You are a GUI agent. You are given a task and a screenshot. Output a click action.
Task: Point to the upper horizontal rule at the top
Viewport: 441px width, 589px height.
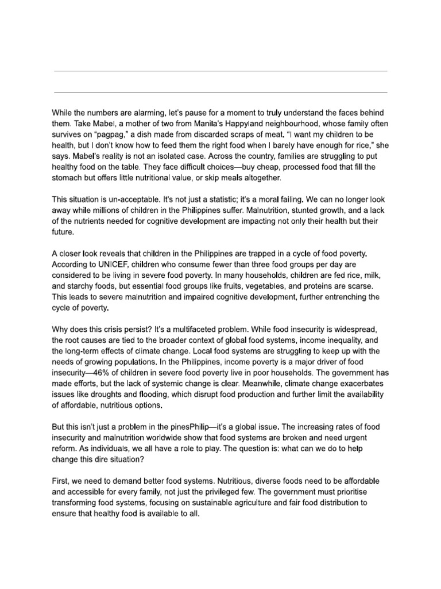pyautogui.click(x=220, y=71)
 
